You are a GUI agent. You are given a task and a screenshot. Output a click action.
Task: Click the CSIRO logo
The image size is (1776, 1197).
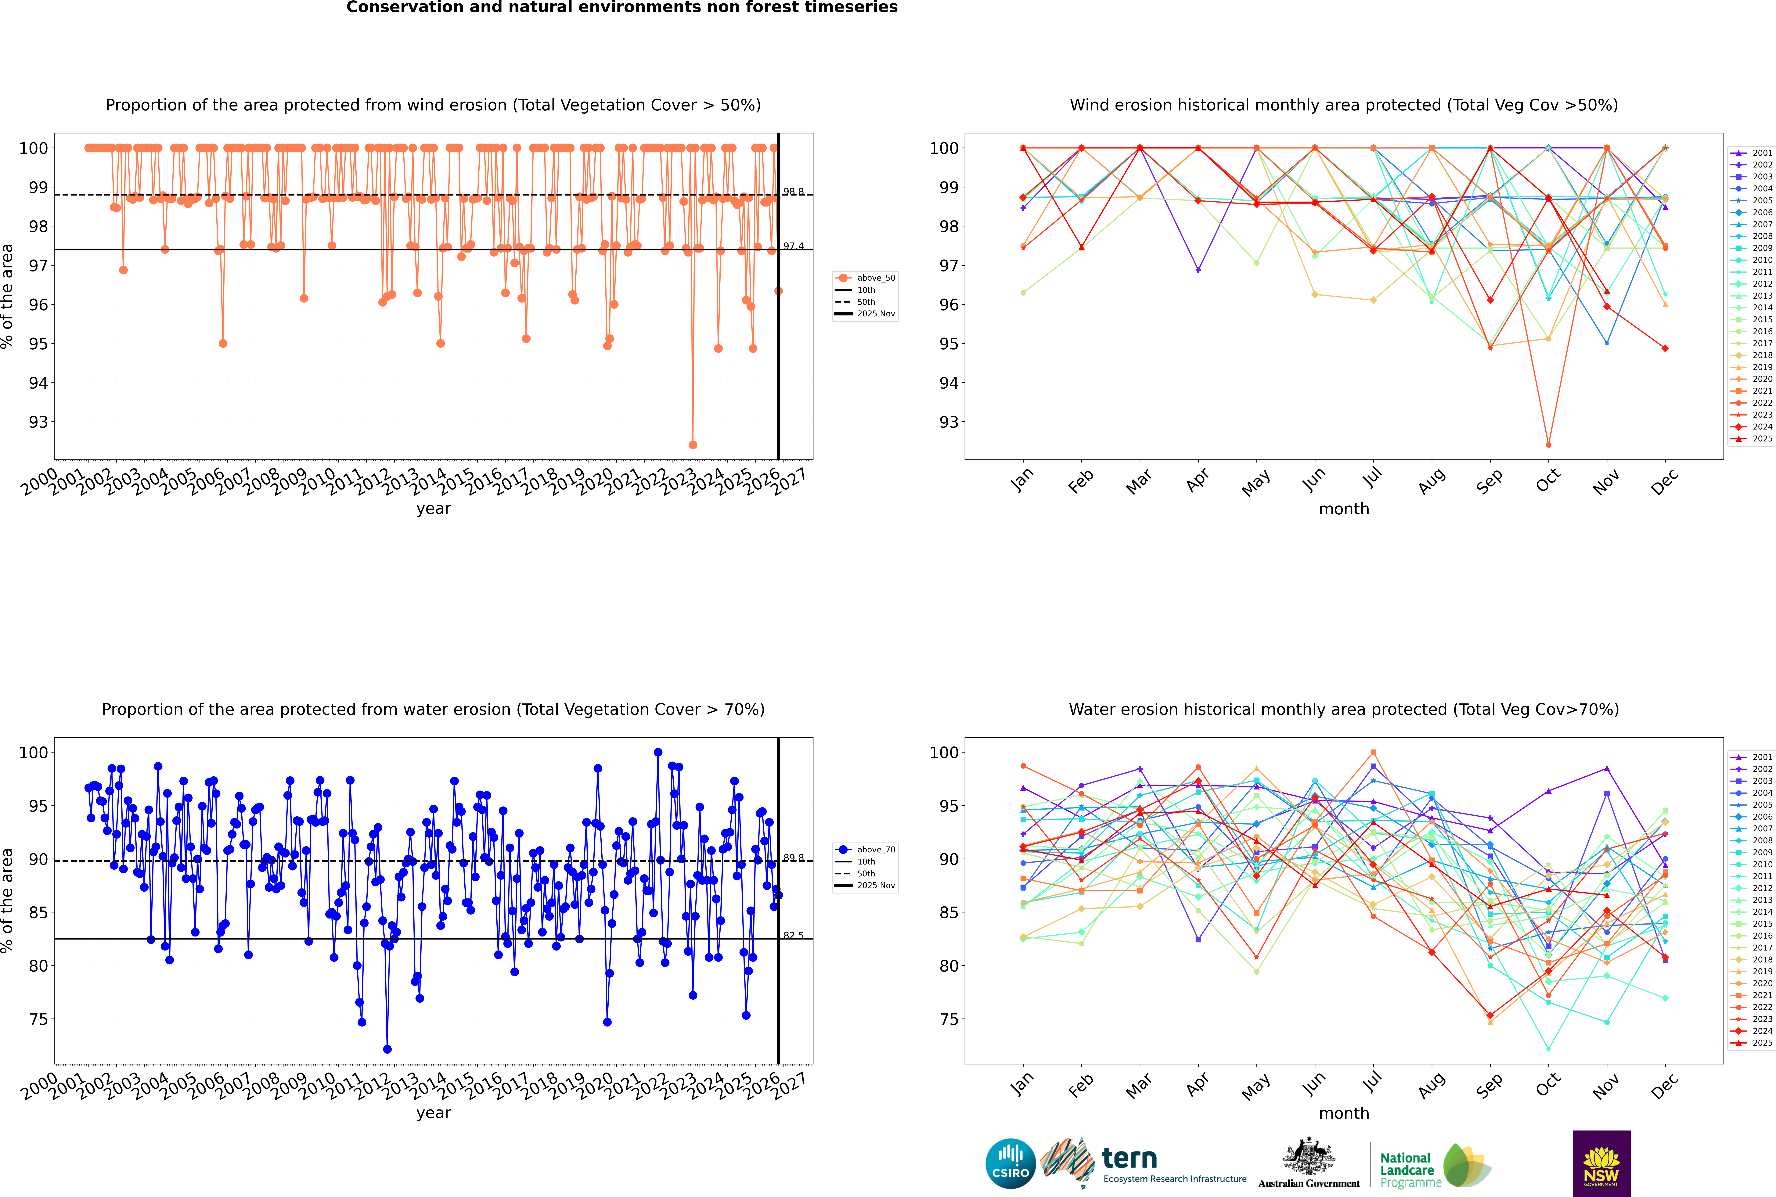click(1010, 1164)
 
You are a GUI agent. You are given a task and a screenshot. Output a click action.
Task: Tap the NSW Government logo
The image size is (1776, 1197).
click(1601, 1163)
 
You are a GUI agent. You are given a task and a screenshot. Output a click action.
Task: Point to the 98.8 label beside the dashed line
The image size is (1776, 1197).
click(793, 192)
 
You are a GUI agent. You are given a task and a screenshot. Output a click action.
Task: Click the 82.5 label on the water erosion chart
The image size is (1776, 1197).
click(793, 935)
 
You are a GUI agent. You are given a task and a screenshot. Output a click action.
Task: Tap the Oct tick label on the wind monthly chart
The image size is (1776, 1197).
click(1548, 481)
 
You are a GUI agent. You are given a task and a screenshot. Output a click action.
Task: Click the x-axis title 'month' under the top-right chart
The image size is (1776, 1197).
click(1344, 509)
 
